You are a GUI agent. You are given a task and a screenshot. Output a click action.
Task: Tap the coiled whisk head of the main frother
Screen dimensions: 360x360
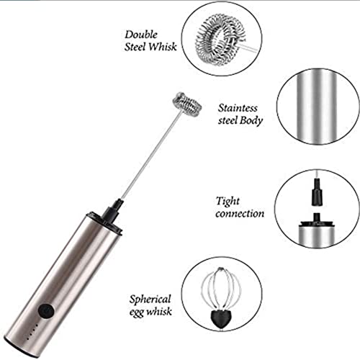click(x=183, y=105)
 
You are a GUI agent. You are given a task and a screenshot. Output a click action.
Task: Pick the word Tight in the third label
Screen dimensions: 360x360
click(x=228, y=201)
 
